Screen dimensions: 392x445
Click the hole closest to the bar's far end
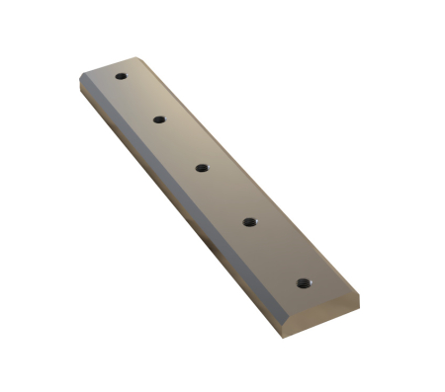[121, 76]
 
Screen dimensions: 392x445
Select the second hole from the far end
[158, 119]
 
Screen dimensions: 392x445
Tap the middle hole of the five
[201, 168]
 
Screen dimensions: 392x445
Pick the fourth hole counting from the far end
[249, 222]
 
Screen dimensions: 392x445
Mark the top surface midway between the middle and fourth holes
[225, 196]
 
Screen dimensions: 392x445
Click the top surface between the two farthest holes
[139, 98]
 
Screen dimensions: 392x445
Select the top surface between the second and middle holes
[180, 144]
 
